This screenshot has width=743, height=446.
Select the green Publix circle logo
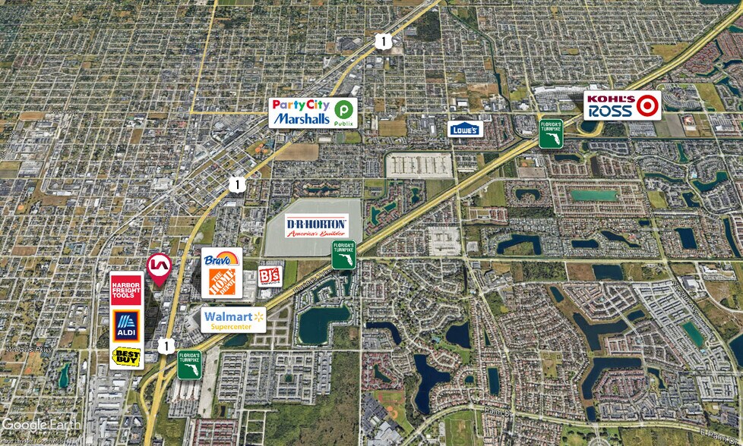tap(344, 111)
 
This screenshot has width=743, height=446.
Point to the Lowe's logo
tap(465, 129)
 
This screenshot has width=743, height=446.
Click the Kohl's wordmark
tap(610, 99)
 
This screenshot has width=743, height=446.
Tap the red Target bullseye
tap(648, 105)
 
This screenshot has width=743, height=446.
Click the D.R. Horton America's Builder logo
tap(317, 226)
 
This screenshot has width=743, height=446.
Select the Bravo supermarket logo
tap(222, 258)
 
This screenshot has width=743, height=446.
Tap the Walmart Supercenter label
tap(234, 319)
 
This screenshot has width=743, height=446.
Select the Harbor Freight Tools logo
tap(126, 289)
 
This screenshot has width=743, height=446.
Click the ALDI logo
tap(126, 325)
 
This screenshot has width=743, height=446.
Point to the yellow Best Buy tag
tap(126, 355)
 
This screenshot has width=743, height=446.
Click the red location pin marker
tap(158, 268)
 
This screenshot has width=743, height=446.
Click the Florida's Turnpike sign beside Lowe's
tap(550, 132)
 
